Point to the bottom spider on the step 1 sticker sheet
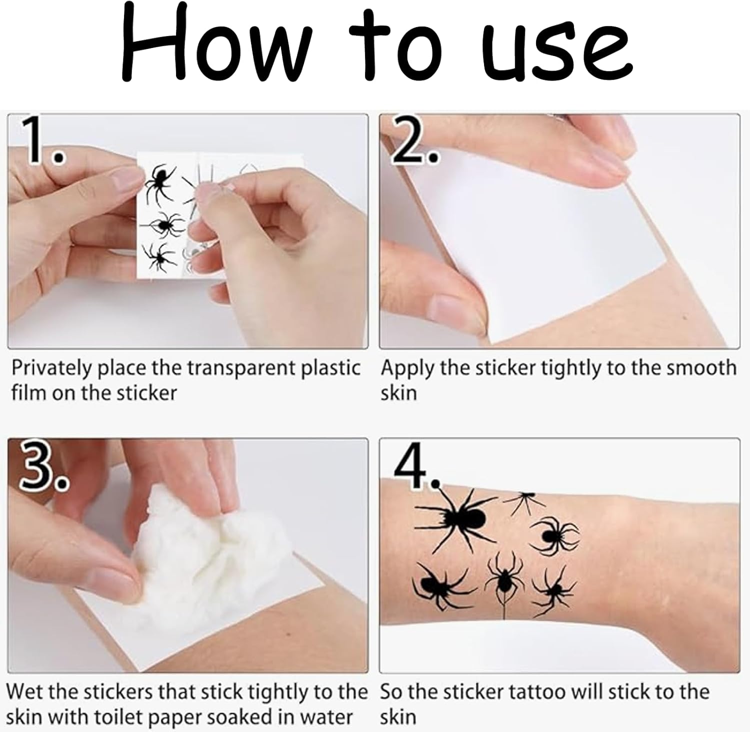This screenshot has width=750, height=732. click(160, 257)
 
